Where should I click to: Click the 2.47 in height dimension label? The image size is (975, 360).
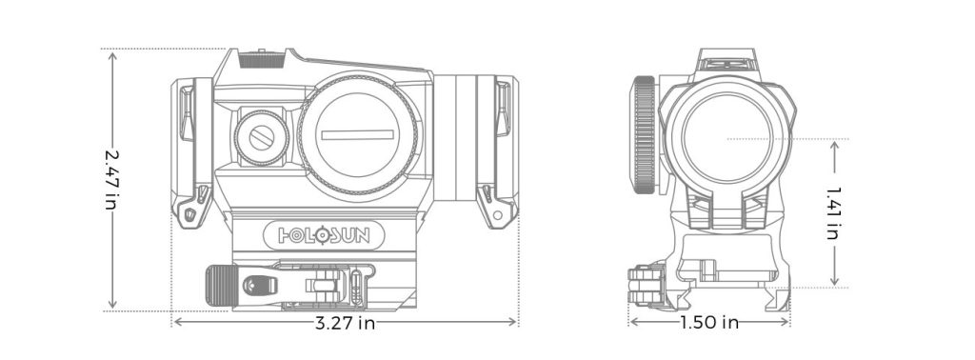[112, 179]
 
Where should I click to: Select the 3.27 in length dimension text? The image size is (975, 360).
[345, 323]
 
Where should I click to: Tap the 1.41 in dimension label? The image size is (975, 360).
[834, 211]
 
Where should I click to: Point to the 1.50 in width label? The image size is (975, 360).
[709, 323]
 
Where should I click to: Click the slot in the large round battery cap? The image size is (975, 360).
[357, 134]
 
